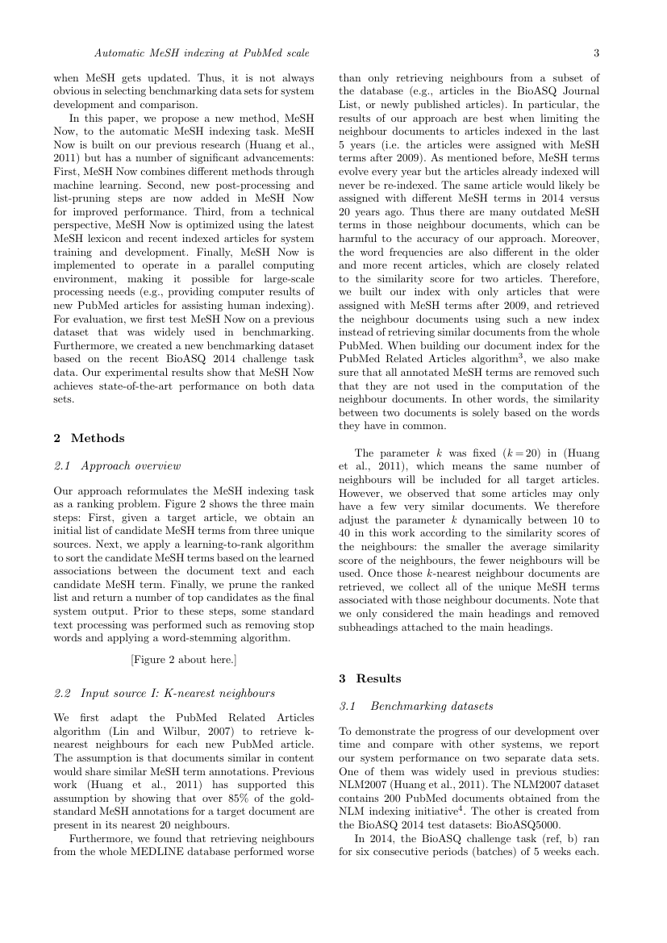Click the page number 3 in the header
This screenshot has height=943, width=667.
tap(596, 54)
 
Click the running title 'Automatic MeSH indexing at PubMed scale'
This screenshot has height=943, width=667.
tap(202, 54)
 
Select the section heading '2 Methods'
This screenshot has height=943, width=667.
tap(89, 438)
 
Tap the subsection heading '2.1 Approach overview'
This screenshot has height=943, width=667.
tap(117, 465)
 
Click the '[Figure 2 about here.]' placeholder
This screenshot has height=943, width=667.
tap(183, 660)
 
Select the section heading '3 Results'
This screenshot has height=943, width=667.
tap(369, 678)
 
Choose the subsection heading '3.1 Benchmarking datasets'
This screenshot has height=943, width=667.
tap(415, 706)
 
